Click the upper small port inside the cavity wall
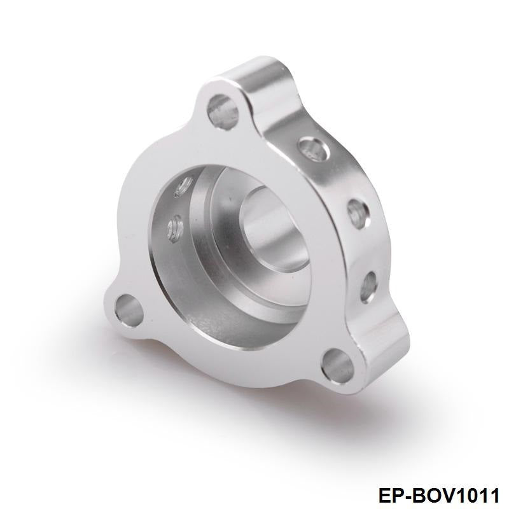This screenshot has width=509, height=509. click(x=185, y=186)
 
